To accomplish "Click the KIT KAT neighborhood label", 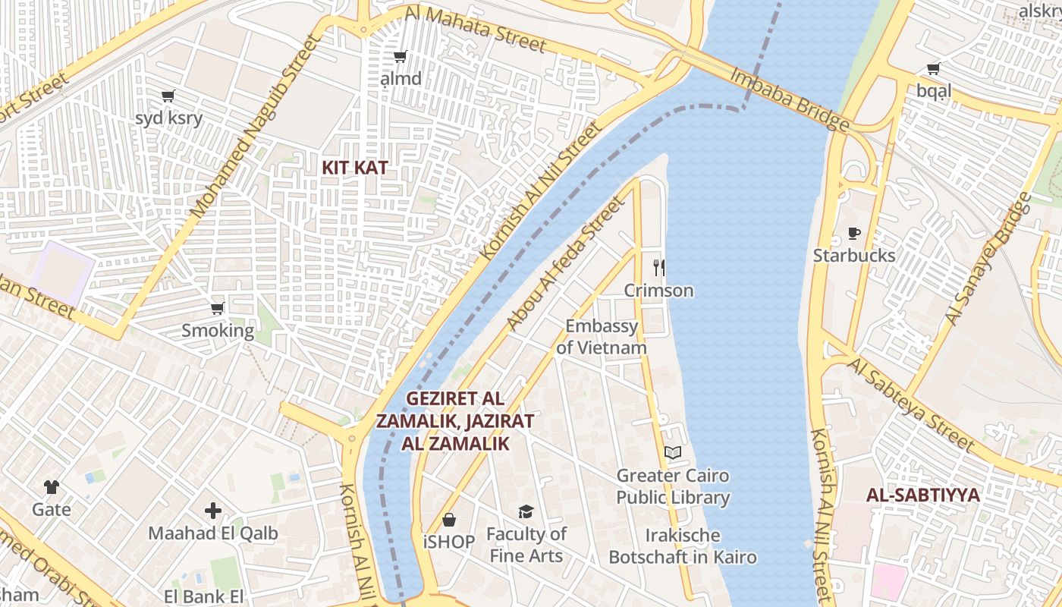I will point(355,168).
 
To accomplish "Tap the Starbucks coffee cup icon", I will point(854,234).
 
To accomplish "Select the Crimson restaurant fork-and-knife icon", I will point(658,268).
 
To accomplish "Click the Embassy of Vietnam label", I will point(602,337).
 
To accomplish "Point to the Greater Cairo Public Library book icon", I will point(672,453).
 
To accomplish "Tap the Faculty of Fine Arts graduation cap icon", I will point(526,512).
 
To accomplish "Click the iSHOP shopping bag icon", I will point(449,520).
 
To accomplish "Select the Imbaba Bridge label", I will point(789,99).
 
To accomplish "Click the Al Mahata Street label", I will point(475,30).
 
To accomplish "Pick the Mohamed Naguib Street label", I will point(254,127).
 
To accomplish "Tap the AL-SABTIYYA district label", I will point(923,495).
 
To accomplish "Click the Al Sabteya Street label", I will point(910,404).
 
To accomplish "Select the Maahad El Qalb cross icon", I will point(213,511).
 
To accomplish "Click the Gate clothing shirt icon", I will point(51,486).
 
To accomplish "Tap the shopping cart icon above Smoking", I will point(218,308).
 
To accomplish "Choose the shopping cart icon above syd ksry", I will point(168,96).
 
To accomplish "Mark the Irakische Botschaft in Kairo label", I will point(683,546).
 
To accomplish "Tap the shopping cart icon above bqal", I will point(933,69).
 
